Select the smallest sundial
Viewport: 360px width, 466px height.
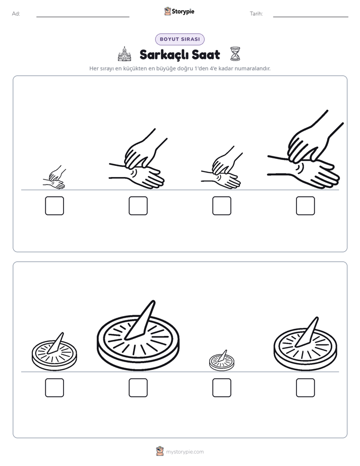tap(221, 361)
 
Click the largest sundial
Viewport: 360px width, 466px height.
tap(138, 336)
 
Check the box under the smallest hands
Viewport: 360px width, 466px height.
tap(54, 206)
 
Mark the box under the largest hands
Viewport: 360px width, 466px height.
tap(306, 206)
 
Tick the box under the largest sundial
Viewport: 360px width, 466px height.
tap(138, 387)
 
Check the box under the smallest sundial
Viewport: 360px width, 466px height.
tap(221, 387)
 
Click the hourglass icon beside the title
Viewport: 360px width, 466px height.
tap(235, 54)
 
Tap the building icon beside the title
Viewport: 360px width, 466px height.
tap(125, 54)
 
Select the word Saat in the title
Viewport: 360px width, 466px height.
tap(206, 54)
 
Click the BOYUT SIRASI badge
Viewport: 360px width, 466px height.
tap(179, 39)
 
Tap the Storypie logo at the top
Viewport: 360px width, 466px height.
tap(179, 11)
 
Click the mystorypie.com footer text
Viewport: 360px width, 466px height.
tap(185, 452)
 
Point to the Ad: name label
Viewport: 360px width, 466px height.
tap(16, 14)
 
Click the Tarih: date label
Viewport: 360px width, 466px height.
tap(256, 14)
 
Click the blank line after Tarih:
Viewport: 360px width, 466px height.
tap(311, 17)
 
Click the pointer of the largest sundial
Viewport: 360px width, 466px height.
tap(140, 320)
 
